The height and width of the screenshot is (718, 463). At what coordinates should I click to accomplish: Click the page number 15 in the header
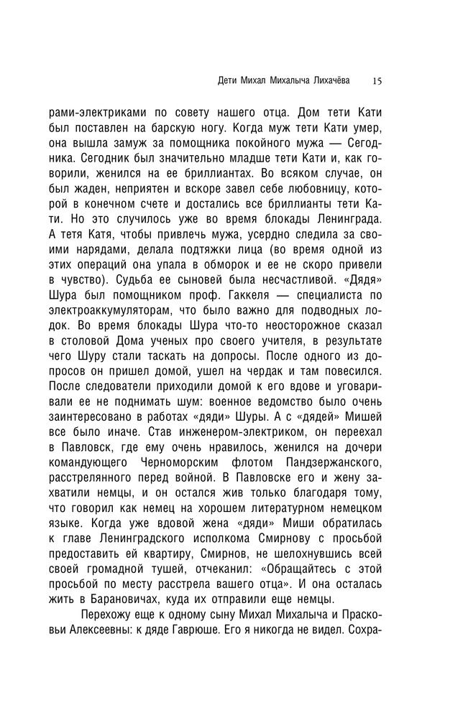pos(377,81)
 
